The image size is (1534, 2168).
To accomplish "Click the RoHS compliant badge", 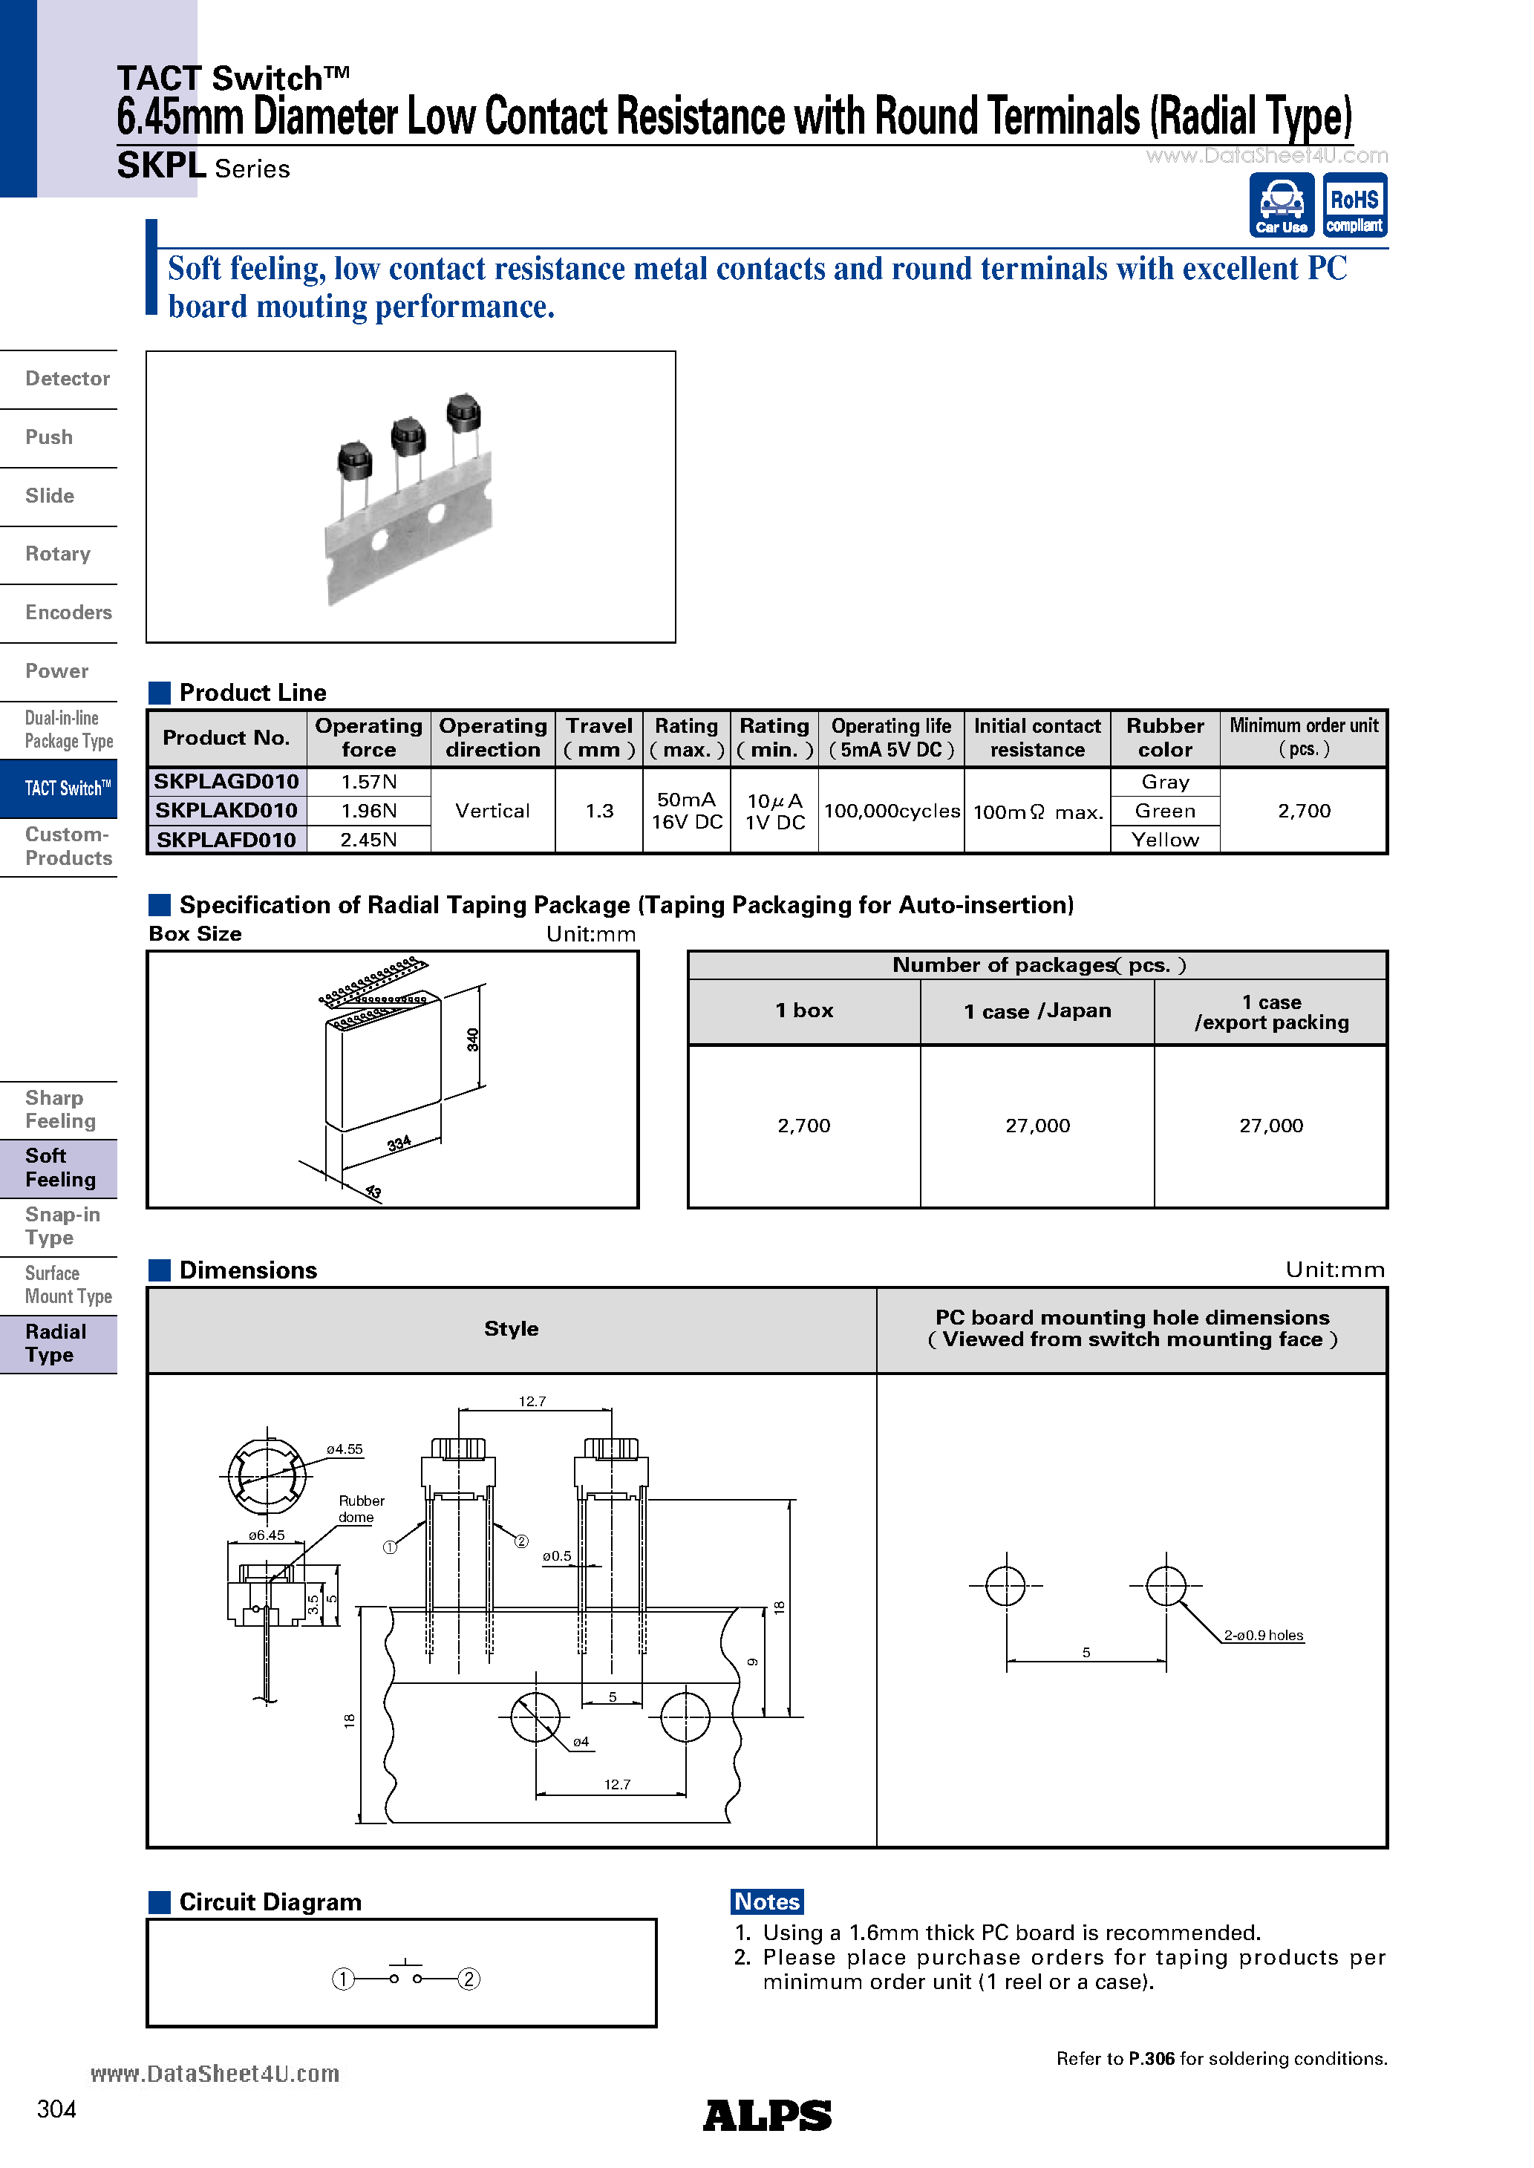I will pos(1354,205).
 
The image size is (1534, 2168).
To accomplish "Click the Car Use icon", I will pos(1281,205).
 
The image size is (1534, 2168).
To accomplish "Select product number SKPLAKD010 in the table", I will pos(226,810).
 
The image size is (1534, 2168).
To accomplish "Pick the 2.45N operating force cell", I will pos(368,840).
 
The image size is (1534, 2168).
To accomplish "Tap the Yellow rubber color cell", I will pos(1165,840).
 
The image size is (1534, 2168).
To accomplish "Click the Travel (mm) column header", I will pos(599,737).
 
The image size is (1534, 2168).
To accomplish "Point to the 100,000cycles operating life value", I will pos(891,811).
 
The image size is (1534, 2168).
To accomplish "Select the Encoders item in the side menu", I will pos(68,613).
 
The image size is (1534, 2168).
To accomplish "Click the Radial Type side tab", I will pos(56,1342).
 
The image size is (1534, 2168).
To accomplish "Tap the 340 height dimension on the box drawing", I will pos(472,1039).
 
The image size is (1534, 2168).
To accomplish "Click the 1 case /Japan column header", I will pos(1037,1011).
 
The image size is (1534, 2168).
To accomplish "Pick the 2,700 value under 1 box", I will pos(804,1126).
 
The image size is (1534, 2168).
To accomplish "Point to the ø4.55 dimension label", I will pos(345,1449).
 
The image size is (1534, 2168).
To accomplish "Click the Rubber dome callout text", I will pos(361,1508).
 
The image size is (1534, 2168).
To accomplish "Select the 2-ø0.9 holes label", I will pos(1263,1636).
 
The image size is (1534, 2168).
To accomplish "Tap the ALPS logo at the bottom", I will pos(767,2115).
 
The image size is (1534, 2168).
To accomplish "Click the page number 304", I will pos(56,2109).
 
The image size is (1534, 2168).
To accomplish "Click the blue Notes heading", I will pos(767,1901).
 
